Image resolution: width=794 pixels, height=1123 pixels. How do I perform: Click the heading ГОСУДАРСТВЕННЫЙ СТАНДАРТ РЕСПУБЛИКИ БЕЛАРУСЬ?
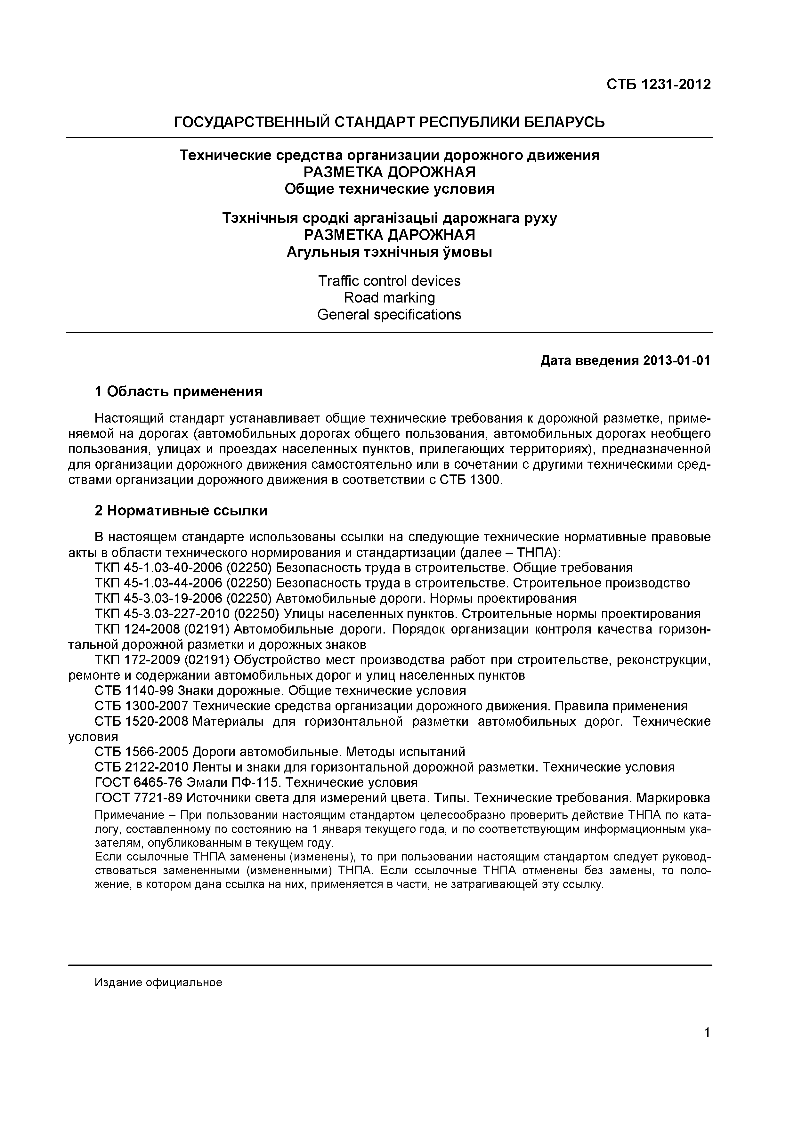pos(389,122)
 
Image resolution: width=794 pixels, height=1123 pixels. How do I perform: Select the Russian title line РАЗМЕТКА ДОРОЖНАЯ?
pos(389,172)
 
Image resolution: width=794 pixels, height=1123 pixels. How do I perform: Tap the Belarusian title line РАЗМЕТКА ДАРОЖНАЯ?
pos(389,235)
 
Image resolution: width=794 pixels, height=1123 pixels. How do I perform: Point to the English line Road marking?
pos(389,297)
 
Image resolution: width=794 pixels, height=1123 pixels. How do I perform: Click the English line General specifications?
pos(389,314)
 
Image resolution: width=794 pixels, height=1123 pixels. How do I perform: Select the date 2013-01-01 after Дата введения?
pos(676,361)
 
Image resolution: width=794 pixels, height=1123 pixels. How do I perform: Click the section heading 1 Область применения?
pos(179,391)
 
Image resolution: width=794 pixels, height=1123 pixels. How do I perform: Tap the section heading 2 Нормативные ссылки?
pos(181,511)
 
